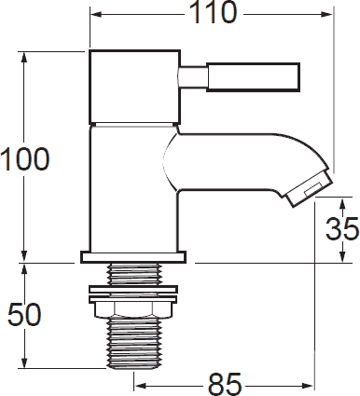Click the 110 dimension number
213,12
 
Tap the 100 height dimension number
25,159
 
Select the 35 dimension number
342,228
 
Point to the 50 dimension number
24,314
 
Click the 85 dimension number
225,384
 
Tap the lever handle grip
254,77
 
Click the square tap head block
135,87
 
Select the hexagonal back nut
133,309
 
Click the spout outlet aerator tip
310,189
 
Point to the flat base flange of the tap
133,257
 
